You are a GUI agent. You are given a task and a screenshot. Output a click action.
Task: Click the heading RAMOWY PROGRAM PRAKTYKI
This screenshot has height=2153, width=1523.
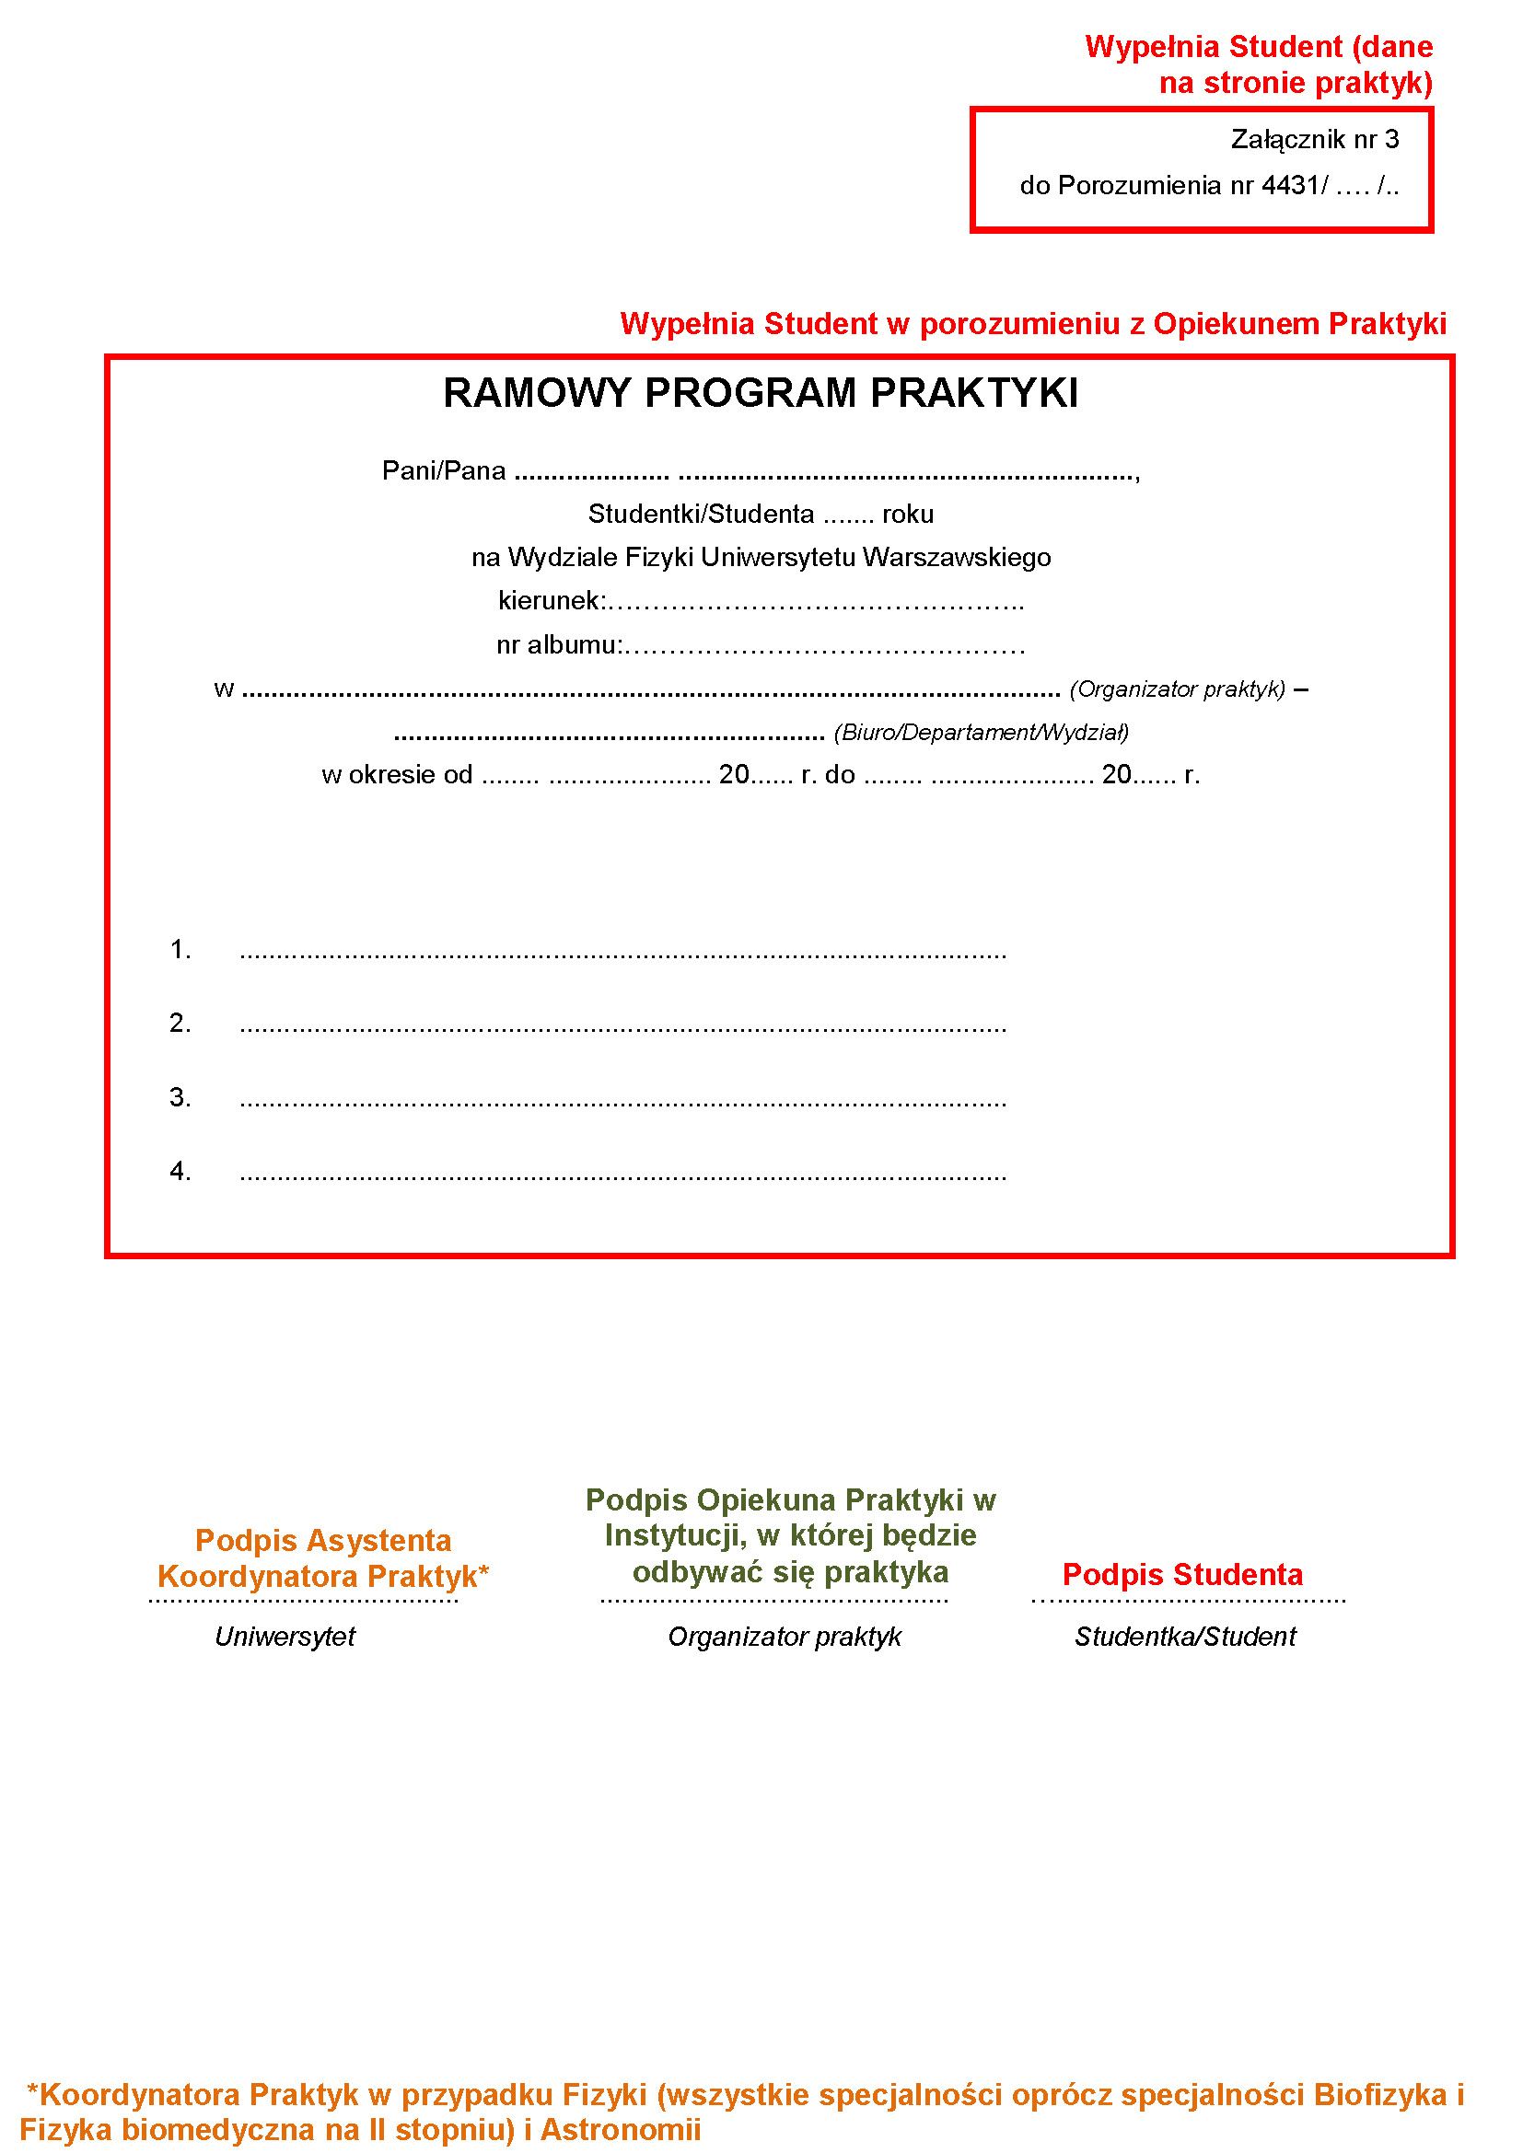(x=760, y=393)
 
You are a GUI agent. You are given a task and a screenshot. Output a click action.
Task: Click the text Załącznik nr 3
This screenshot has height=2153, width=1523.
(x=1314, y=140)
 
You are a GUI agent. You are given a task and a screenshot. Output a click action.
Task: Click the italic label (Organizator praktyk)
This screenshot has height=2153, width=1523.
(x=1177, y=689)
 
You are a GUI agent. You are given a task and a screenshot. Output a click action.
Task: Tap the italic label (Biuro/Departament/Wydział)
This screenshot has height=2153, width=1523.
(x=981, y=733)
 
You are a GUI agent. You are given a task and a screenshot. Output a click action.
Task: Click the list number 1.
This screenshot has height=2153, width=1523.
(x=180, y=949)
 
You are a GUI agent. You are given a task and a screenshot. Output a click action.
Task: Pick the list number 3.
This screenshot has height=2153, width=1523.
(x=180, y=1096)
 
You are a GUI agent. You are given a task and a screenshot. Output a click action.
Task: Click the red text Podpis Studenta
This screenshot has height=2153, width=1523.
(x=1182, y=1574)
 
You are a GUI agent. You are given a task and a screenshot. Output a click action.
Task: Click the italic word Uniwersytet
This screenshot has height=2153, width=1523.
(x=285, y=1637)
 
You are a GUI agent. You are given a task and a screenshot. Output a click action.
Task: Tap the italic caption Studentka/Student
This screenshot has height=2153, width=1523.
(x=1185, y=1637)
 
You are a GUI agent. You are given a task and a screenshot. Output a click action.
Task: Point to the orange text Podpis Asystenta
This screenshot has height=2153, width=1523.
(x=322, y=1541)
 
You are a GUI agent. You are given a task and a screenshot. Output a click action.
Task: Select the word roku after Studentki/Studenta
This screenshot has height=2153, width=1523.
(x=908, y=514)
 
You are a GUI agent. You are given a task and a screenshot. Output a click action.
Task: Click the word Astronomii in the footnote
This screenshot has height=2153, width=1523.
(x=621, y=2129)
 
